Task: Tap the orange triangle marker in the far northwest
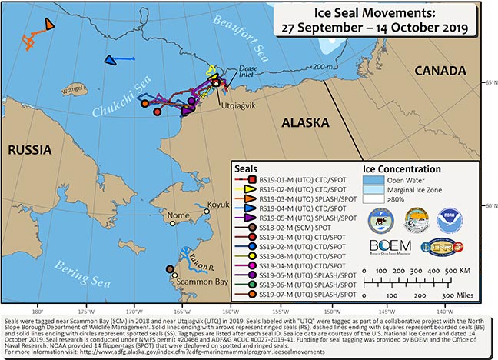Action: (x=49, y=25)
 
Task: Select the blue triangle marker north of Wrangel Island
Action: (x=109, y=59)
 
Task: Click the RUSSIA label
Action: (x=29, y=152)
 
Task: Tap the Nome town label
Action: (x=178, y=215)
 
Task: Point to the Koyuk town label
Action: (x=219, y=205)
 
